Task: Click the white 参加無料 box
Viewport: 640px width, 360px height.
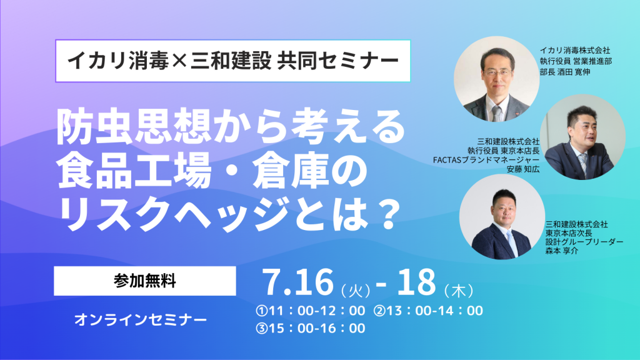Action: pyautogui.click(x=145, y=281)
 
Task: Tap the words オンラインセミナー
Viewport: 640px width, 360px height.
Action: pyautogui.click(x=141, y=319)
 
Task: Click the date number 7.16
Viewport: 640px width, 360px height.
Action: pyautogui.click(x=298, y=282)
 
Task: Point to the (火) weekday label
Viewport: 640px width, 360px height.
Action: pyautogui.click(x=356, y=291)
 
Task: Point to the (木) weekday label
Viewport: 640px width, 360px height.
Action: pyautogui.click(x=459, y=291)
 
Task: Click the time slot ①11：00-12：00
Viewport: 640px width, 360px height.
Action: pyautogui.click(x=311, y=311)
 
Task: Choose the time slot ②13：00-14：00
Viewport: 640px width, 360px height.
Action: pyautogui.click(x=429, y=311)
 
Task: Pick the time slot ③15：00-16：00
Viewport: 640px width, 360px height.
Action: pyautogui.click(x=311, y=328)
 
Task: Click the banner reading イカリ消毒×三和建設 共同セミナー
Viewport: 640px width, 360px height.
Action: pyautogui.click(x=233, y=61)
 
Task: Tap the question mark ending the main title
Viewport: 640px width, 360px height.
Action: pyautogui.click(x=386, y=213)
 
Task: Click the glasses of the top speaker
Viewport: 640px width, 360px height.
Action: pyautogui.click(x=497, y=73)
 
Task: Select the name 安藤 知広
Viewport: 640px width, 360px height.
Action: pyautogui.click(x=523, y=169)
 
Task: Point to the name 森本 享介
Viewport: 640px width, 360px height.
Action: pyautogui.click(x=562, y=251)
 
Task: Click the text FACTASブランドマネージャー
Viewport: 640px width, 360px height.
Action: pyautogui.click(x=486, y=159)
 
